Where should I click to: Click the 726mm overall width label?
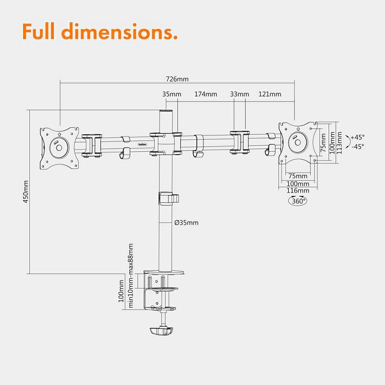pyautogui.click(x=177, y=79)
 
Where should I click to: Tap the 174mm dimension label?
pyautogui.click(x=206, y=94)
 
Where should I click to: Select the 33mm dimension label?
pyautogui.click(x=239, y=94)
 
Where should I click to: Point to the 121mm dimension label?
pyautogui.click(x=269, y=94)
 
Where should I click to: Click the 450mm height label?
pyautogui.click(x=25, y=191)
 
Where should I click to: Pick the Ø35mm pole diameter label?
pyautogui.click(x=186, y=223)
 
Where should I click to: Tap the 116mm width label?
pyautogui.click(x=298, y=190)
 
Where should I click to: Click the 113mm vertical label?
pyautogui.click(x=339, y=143)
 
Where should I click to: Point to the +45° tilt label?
pyautogui.click(x=358, y=137)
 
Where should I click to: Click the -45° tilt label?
pyautogui.click(x=358, y=147)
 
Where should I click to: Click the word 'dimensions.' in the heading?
pyautogui.click(x=119, y=31)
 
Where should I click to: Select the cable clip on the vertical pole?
pyautogui.click(x=169, y=198)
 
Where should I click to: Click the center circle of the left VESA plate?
pyautogui.click(x=59, y=147)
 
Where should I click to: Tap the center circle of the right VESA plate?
pyautogui.click(x=298, y=142)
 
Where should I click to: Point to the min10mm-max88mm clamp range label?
pyautogui.click(x=131, y=276)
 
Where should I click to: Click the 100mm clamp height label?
pyautogui.click(x=121, y=291)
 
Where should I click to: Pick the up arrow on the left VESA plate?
pyautogui.click(x=59, y=134)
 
